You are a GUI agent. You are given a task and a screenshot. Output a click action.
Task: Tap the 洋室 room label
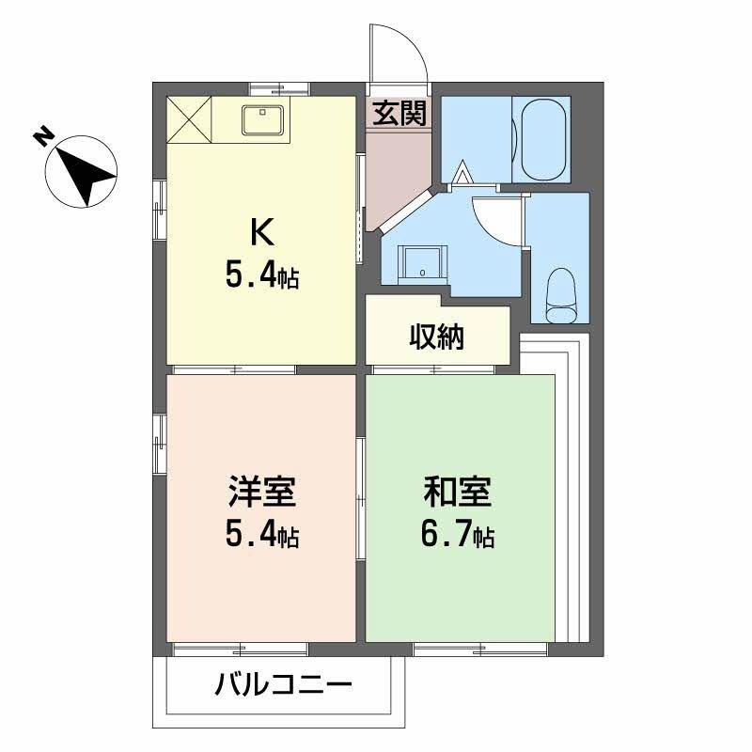pos(262,493)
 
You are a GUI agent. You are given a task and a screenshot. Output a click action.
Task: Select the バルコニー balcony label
pos(283,683)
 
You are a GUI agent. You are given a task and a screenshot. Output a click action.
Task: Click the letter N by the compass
pos(43,136)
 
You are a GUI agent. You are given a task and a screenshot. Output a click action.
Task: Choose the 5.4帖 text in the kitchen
pos(262,275)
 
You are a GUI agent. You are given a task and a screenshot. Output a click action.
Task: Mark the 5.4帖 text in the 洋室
pos(262,536)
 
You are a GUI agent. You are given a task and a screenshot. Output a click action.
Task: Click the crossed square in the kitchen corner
pos(190,118)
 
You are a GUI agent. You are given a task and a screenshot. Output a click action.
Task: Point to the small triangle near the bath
pos(462,173)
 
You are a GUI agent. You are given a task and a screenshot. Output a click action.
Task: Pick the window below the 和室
pos(479,648)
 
